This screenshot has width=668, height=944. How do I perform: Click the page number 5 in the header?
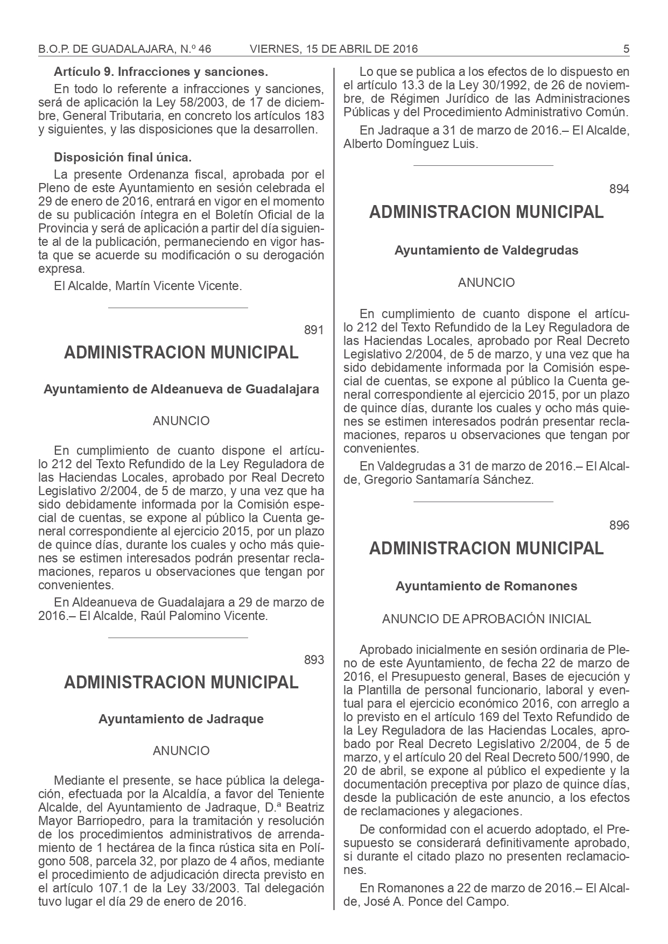pyautogui.click(x=626, y=49)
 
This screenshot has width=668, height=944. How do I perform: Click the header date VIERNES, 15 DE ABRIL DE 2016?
pyautogui.click(x=334, y=49)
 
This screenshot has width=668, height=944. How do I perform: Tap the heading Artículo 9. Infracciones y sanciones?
pyautogui.click(x=161, y=72)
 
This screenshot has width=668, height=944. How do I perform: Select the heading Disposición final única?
pyautogui.click(x=123, y=158)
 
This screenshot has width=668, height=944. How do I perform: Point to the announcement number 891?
pyautogui.click(x=314, y=330)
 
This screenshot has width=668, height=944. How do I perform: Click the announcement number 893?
pyautogui.click(x=314, y=660)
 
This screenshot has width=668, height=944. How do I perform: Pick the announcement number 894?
pyautogui.click(x=619, y=189)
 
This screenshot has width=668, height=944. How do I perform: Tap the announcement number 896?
pyautogui.click(x=619, y=525)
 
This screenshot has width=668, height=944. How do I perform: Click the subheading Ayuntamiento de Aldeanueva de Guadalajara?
pyautogui.click(x=181, y=389)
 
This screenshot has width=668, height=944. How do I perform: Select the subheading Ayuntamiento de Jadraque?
pyautogui.click(x=181, y=719)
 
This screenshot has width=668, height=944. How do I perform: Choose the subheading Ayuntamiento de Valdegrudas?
pyautogui.click(x=487, y=250)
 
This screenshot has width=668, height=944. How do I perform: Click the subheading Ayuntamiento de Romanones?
pyautogui.click(x=487, y=586)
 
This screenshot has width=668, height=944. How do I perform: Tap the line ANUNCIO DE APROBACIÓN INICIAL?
pyautogui.click(x=487, y=619)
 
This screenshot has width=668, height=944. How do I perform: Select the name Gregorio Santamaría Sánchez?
pyautogui.click(x=449, y=480)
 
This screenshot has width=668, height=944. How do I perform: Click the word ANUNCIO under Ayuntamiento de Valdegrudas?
pyautogui.click(x=487, y=283)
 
